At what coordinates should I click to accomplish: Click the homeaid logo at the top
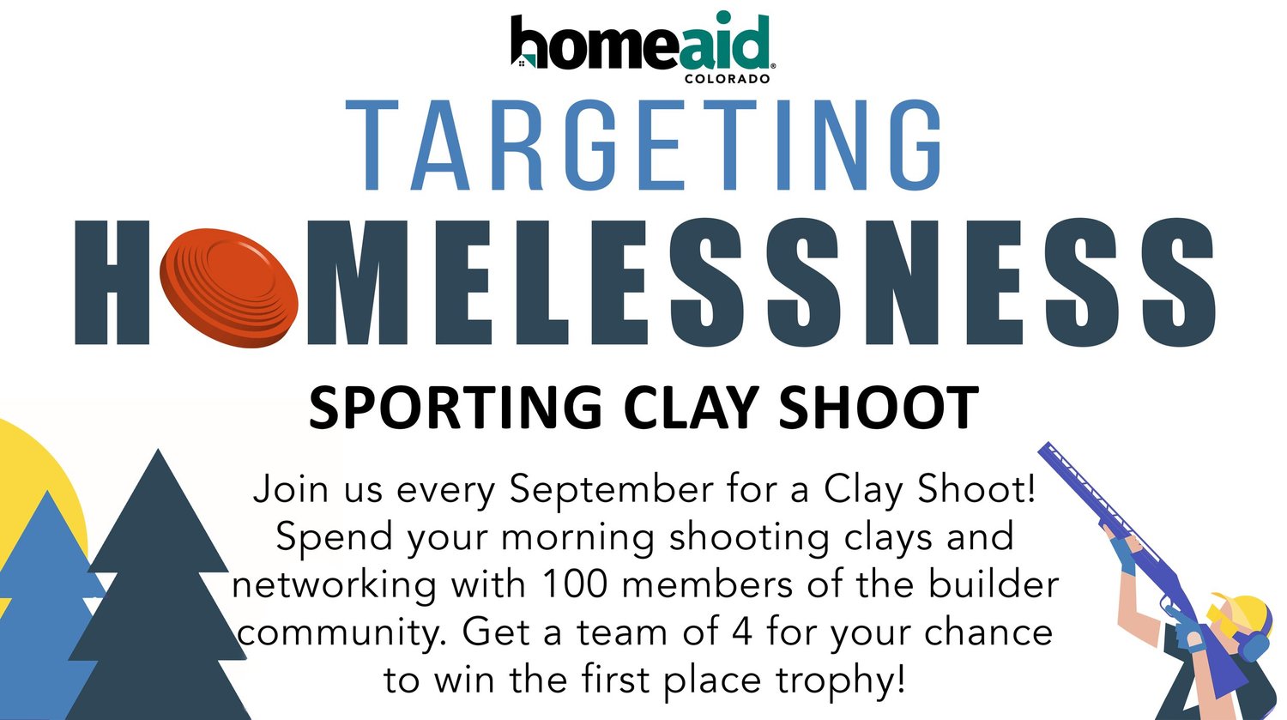643,46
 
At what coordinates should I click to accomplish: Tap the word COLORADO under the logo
727,79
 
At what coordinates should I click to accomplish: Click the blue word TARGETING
643,145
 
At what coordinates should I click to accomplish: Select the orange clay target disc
229,287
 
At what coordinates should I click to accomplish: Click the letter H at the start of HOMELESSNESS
112,282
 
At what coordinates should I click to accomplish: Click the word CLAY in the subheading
692,407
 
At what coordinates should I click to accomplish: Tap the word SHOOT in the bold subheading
879,407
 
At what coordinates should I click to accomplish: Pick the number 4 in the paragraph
742,632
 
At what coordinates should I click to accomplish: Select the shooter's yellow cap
1244,612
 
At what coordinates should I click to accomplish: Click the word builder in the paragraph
994,584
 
